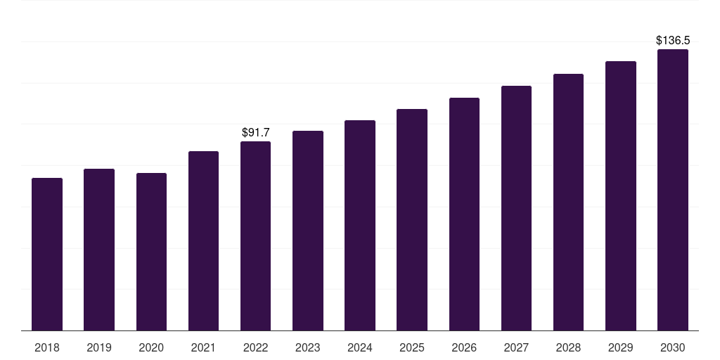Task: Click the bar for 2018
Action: click(47, 254)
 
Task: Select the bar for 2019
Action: click(99, 250)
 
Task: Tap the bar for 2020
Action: click(151, 252)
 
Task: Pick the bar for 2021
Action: click(203, 240)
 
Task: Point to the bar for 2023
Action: click(308, 231)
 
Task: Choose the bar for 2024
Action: click(360, 225)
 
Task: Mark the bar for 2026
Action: click(464, 214)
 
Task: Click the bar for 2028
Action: click(568, 202)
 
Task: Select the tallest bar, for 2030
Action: click(673, 190)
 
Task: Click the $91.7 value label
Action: click(256, 132)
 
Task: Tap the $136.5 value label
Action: click(673, 41)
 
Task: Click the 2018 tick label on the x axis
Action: click(47, 347)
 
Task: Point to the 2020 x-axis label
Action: click(151, 347)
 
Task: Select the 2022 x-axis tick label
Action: click(256, 347)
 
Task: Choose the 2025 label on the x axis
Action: click(412, 347)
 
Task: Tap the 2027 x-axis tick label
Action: click(516, 347)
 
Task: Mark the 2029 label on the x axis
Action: click(621, 347)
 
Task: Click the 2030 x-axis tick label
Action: click(673, 347)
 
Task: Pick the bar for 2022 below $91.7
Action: click(256, 236)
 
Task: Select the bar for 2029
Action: click(621, 195)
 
